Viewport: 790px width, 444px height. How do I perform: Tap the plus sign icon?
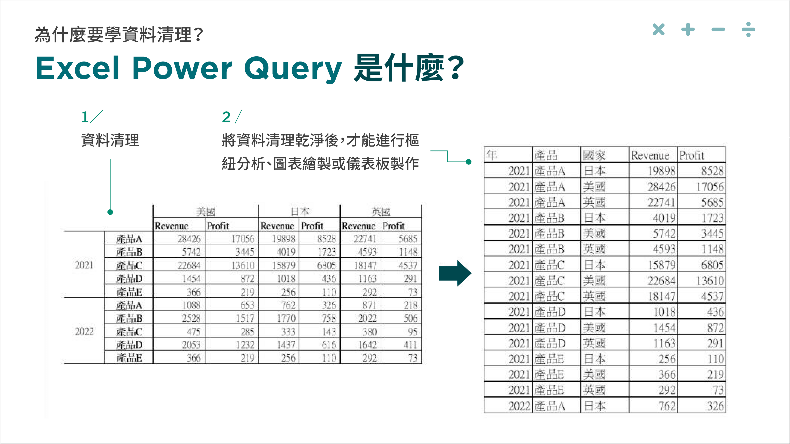688,29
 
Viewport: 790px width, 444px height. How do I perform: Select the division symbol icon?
748,29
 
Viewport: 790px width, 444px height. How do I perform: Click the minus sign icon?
718,29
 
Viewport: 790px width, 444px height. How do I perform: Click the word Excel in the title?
78,68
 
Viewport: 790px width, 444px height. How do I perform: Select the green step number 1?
85,117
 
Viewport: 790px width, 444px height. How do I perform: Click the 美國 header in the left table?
206,212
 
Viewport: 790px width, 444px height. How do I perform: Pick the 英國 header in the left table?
381,212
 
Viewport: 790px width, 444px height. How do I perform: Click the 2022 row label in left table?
84,331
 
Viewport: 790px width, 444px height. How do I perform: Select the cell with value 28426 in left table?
189,239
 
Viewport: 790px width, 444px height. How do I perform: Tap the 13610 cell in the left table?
243,265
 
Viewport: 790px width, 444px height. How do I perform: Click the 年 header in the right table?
492,155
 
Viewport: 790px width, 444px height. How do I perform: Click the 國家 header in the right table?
594,155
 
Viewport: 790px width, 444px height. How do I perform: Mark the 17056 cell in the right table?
710,187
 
